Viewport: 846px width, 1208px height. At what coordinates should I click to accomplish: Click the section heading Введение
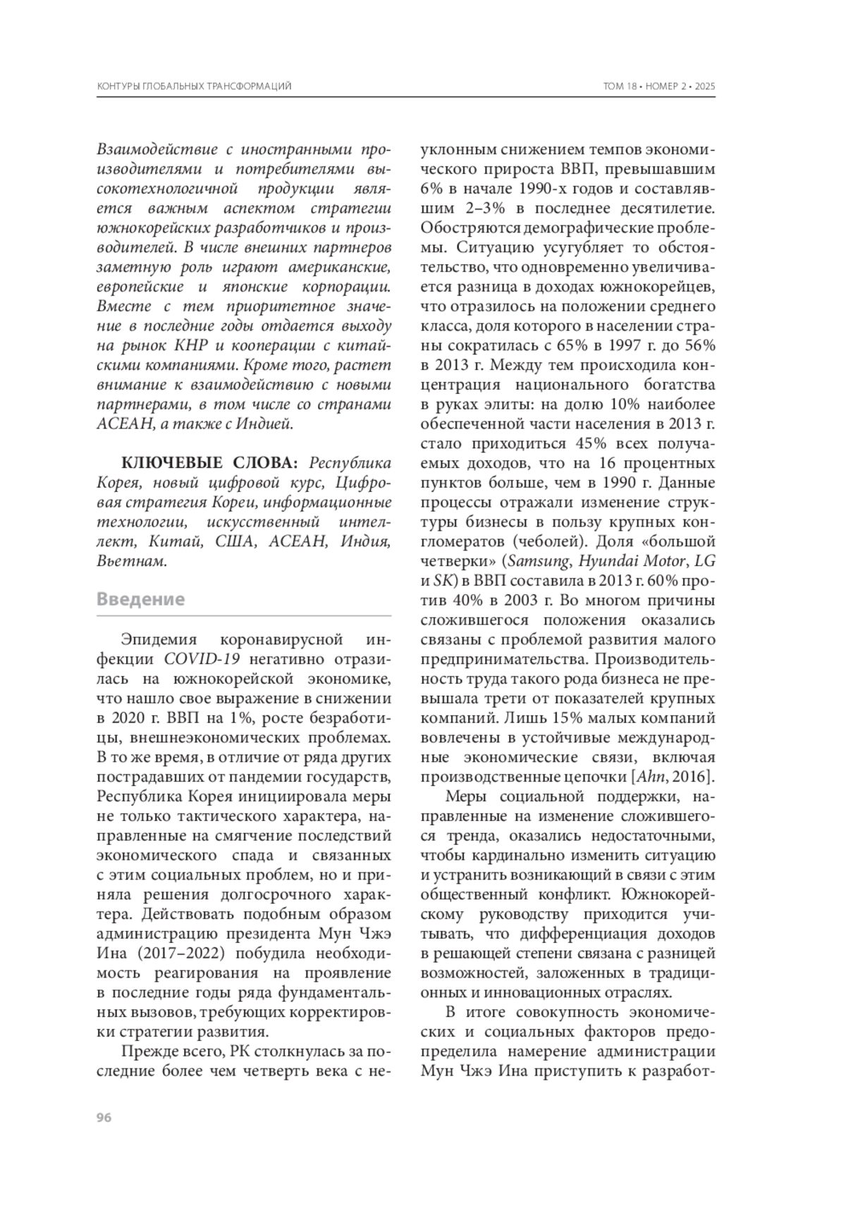pos(140,600)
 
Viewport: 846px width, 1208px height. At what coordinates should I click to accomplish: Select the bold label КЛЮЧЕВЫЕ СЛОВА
pos(209,464)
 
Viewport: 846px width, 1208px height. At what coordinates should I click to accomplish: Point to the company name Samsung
pos(539,562)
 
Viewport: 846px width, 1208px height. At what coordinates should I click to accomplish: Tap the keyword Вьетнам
pos(132,562)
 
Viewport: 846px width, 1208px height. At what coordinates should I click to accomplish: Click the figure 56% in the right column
pos(698,346)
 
